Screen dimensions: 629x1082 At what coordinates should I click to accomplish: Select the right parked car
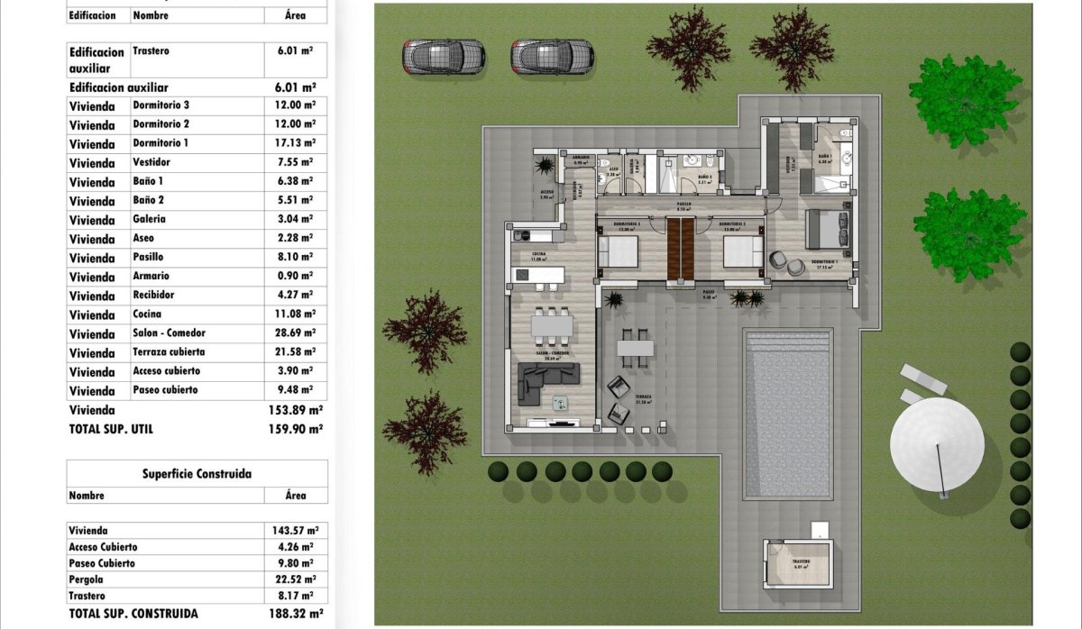tap(552, 57)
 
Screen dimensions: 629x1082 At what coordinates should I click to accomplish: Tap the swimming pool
tap(787, 414)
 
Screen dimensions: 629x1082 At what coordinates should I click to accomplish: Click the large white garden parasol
tap(937, 444)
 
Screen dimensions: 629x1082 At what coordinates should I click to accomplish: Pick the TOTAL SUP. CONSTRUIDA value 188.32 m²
tap(296, 613)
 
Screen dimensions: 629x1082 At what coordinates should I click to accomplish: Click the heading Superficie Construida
tap(197, 473)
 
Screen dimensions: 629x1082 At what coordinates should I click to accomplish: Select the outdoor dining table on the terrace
tap(635, 347)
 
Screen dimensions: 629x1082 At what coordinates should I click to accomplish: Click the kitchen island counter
tap(538, 274)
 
